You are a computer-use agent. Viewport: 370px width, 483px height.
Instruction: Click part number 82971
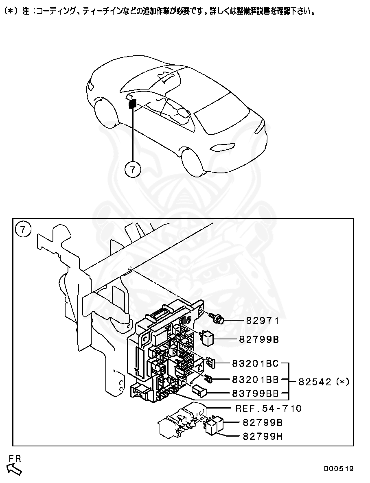tap(262, 321)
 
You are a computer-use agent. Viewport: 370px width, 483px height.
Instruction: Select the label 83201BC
tap(255, 363)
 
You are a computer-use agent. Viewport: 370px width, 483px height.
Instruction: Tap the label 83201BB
tap(255, 379)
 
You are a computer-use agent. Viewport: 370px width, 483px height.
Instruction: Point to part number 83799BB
tap(255, 393)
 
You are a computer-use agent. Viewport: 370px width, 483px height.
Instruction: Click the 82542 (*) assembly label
tap(324, 382)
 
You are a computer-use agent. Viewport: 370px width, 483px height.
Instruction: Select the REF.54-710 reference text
tap(269, 408)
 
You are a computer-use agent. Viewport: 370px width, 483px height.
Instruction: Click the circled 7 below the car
tap(133, 169)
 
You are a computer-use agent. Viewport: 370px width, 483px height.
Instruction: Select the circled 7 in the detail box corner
tap(23, 229)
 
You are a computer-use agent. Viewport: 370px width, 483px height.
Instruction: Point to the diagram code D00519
tap(338, 469)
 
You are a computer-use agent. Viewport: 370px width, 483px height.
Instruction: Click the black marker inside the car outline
tap(132, 104)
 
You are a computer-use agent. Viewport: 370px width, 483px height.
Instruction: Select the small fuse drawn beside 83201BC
tap(210, 362)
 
